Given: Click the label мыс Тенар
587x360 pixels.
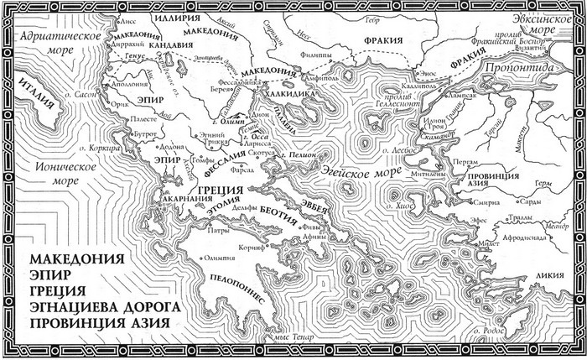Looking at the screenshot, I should (x=282, y=337).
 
